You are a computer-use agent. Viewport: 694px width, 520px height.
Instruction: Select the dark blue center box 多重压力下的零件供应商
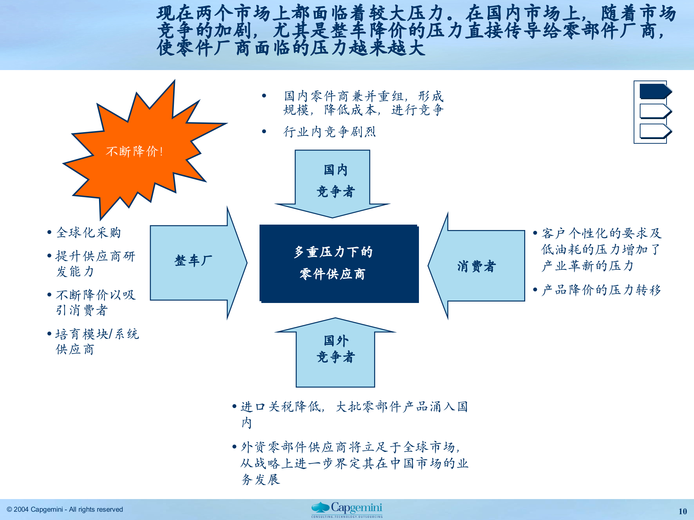coord(339,263)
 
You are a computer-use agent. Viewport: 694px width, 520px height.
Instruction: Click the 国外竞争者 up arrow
coord(335,352)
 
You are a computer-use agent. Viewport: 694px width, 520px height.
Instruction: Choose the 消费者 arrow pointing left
coord(477,266)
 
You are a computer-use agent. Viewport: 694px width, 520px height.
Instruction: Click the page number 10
coord(682,511)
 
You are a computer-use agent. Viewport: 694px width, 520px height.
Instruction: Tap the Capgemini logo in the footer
coord(347,510)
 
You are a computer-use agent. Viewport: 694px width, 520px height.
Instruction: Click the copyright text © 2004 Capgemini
coord(65,510)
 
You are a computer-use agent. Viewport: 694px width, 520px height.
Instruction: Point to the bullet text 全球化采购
coord(89,233)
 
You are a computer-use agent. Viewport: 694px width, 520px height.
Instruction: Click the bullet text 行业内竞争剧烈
coord(329,132)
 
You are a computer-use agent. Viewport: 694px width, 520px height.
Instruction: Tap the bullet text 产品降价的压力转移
coord(601,290)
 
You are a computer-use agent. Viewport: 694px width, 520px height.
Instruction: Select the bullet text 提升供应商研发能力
coord(95,264)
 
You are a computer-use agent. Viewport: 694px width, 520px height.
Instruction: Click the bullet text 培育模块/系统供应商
coord(97,342)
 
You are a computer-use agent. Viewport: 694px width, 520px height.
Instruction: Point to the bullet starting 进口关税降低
coord(354,414)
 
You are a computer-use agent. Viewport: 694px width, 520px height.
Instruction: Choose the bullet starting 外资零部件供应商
coord(354,463)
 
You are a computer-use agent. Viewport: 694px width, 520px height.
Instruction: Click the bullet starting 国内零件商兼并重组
coord(363,103)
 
